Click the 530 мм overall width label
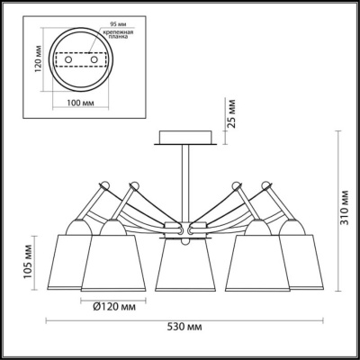coord(184,327)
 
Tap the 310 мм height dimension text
coord(346,208)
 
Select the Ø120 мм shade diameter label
coord(114,307)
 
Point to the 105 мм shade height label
coord(29,263)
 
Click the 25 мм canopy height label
coord(231,113)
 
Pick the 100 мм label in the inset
coord(80,103)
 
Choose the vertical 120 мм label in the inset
coord(39,59)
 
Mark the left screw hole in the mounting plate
coord(68,59)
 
